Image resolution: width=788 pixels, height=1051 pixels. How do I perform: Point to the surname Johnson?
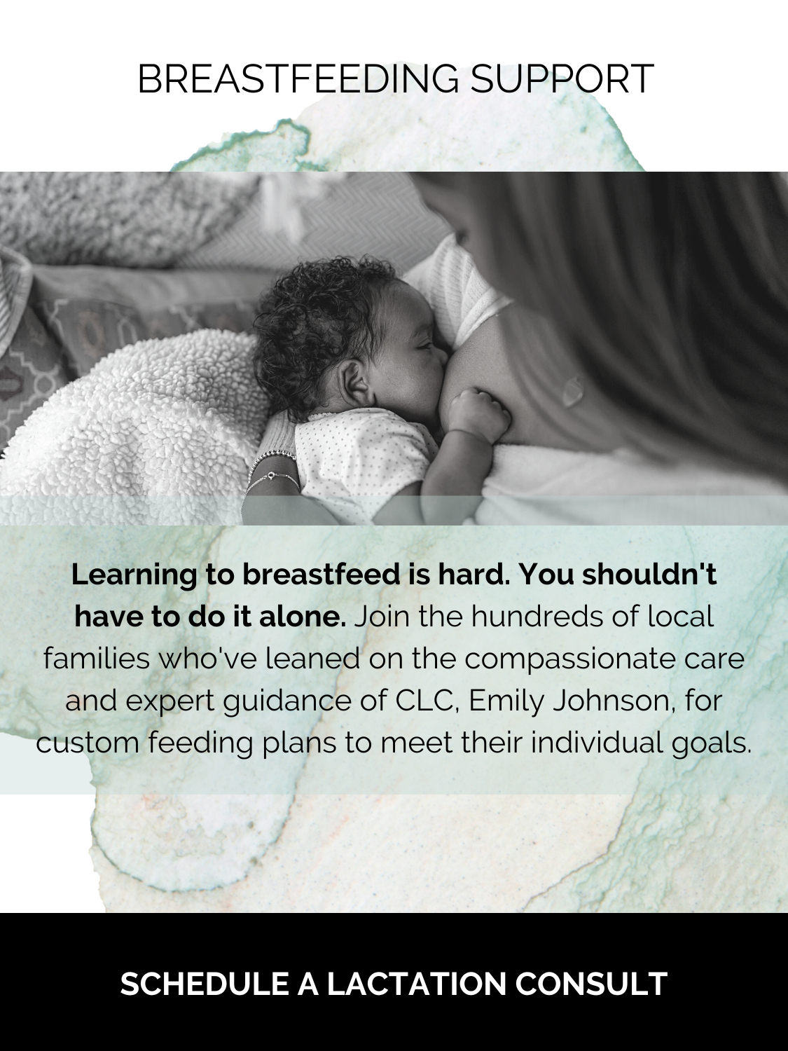click(616, 701)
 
